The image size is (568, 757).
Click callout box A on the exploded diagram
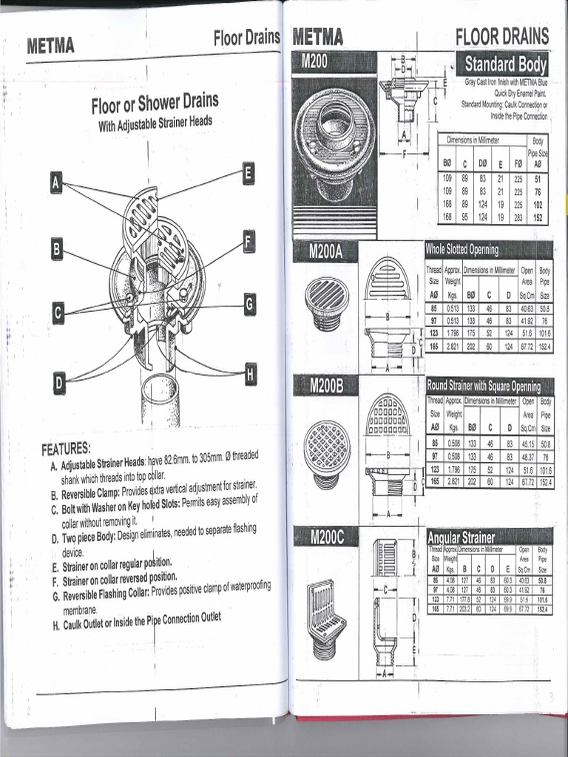pyautogui.click(x=56, y=182)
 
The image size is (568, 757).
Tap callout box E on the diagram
pyautogui.click(x=248, y=173)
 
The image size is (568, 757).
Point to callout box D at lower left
pyautogui.click(x=59, y=382)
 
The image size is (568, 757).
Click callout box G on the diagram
pyautogui.click(x=250, y=303)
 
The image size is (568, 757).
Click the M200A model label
pyautogui.click(x=326, y=253)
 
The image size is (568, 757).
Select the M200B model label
pyautogui.click(x=326, y=385)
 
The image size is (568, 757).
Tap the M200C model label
pyautogui.click(x=326, y=537)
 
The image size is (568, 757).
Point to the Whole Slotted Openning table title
pyautogui.click(x=462, y=249)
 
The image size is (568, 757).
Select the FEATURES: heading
pyautogui.click(x=67, y=448)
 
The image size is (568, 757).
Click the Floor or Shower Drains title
pyautogui.click(x=155, y=104)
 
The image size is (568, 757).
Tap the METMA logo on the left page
pyautogui.click(x=50, y=46)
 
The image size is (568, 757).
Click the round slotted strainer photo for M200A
pyautogui.click(x=326, y=302)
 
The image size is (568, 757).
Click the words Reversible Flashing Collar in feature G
pyautogui.click(x=106, y=594)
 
